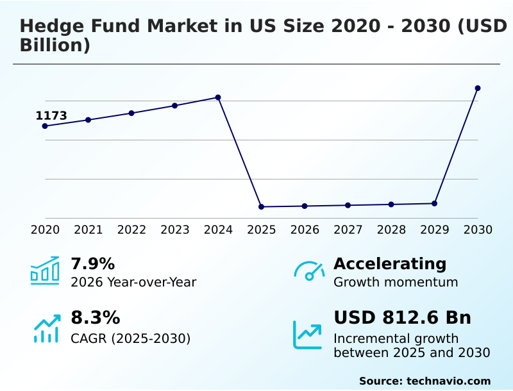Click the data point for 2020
click(45, 126)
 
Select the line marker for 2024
click(218, 97)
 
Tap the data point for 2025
click(262, 207)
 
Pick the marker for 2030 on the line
click(478, 88)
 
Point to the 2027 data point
click(348, 205)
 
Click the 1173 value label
click(51, 116)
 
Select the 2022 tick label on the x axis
click(131, 230)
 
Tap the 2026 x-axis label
click(305, 230)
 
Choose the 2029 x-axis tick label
click(434, 230)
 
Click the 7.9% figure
click(93, 263)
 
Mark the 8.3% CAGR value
click(96, 318)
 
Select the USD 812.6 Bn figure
click(402, 318)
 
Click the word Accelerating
click(390, 263)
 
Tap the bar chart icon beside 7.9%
click(45, 270)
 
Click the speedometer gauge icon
click(309, 270)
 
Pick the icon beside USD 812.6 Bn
click(308, 334)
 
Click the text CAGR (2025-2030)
click(131, 338)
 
